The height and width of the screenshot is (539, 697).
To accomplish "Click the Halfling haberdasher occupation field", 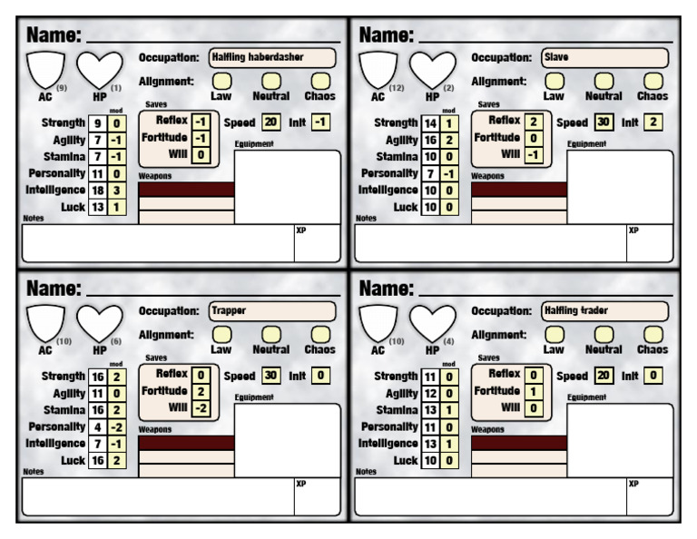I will coord(272,57).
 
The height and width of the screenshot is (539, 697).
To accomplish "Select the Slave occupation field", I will coord(604,57).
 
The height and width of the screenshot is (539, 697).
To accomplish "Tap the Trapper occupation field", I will coord(272,310).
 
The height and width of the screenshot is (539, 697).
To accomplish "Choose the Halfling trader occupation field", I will coord(604,310).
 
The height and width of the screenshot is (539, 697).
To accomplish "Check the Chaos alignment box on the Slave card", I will coord(651,82).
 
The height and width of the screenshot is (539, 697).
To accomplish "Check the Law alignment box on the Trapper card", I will coord(221,335).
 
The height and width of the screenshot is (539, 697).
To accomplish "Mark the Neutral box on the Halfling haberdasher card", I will coord(270,82).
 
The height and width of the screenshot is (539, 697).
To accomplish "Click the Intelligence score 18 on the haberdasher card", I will coord(96,190).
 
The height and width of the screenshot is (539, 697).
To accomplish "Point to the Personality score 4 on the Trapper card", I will coord(96,426).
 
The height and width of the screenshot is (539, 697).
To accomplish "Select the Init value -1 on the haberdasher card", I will coord(319,122).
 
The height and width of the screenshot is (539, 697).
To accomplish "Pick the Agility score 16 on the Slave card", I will coord(429,140).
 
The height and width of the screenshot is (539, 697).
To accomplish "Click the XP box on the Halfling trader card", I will coord(649,495).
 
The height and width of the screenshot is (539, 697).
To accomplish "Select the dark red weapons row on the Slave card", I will coord(519,190).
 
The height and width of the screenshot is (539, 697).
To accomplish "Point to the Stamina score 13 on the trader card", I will coord(429,410).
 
